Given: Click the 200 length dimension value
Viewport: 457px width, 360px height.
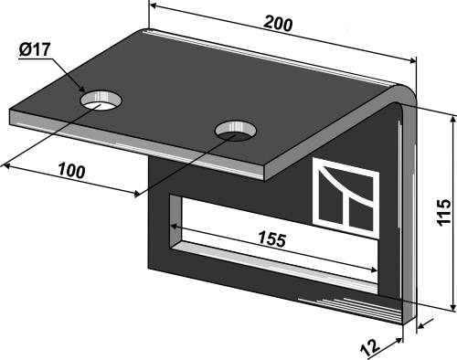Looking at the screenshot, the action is [x=278, y=24].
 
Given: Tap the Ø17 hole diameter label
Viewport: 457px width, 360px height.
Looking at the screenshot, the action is [x=34, y=49].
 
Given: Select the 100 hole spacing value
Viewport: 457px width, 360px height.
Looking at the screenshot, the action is [x=71, y=171].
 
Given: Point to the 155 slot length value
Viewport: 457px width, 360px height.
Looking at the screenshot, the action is [x=272, y=238].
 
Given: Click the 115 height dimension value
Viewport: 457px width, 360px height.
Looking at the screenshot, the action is [x=444, y=213].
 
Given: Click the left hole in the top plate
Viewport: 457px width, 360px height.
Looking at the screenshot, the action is [x=101, y=101].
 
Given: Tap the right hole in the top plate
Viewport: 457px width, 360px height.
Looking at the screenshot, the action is [x=236, y=131].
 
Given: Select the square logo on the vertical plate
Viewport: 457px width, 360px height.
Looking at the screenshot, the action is [x=346, y=198].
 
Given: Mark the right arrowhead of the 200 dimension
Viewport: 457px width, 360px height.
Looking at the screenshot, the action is [x=412, y=61].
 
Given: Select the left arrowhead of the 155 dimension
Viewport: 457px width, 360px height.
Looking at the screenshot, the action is [x=175, y=227].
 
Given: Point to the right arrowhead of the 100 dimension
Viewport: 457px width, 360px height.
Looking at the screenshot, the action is [x=136, y=194].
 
